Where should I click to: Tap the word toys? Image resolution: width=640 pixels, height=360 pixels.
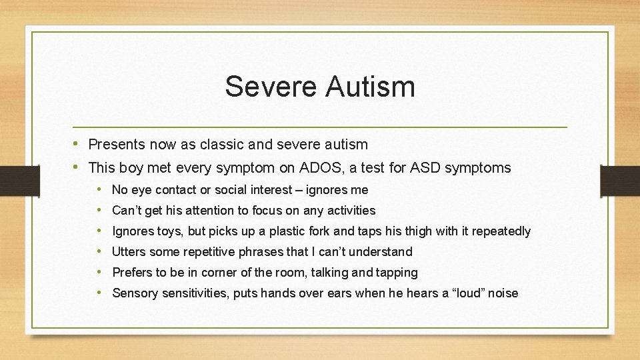[x=167, y=231]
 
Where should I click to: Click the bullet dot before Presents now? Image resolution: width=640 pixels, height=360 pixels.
[x=77, y=144]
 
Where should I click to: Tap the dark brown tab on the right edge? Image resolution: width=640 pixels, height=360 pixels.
[x=620, y=180]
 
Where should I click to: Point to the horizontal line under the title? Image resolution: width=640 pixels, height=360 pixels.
[x=320, y=127]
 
